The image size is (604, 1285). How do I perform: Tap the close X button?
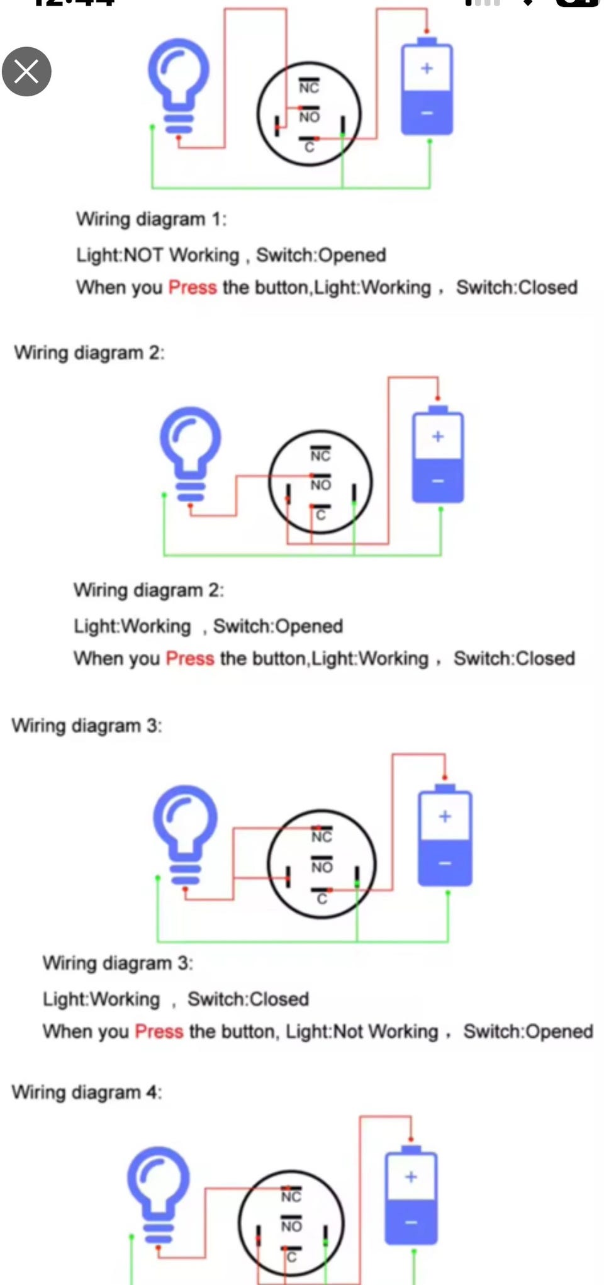click(x=26, y=71)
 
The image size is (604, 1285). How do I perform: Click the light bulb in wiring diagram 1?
click(x=179, y=86)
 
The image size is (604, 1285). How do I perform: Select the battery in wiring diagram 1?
click(x=427, y=86)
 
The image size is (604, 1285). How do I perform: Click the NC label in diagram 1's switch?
click(x=309, y=87)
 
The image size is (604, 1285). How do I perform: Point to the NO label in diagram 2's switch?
click(x=320, y=485)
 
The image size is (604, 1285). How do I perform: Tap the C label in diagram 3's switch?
click(x=322, y=899)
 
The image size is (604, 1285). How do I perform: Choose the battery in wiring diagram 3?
click(x=445, y=835)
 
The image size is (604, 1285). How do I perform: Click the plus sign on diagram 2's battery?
click(x=438, y=436)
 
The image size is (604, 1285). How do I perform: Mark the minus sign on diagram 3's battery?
click(x=445, y=863)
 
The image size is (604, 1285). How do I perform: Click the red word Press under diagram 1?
click(x=193, y=288)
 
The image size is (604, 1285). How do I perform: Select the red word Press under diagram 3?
click(x=159, y=1031)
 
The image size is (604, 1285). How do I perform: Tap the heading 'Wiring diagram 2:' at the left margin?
click(x=89, y=352)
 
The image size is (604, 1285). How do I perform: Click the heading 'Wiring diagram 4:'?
click(x=87, y=1092)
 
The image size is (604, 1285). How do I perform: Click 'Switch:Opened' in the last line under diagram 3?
click(x=528, y=1031)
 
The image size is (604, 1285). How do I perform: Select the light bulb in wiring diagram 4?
click(x=159, y=1194)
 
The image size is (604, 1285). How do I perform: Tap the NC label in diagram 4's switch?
click(x=291, y=1196)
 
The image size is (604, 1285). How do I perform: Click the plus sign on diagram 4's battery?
click(x=411, y=1177)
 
